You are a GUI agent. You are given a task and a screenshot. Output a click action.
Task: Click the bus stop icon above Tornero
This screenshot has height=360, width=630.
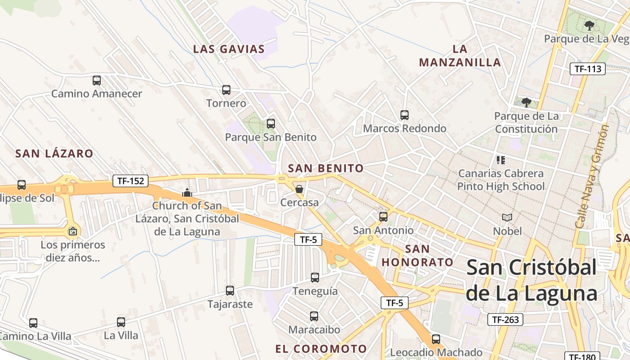click(226, 90)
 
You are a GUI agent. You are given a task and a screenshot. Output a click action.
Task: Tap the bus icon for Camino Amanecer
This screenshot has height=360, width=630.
click(97, 81)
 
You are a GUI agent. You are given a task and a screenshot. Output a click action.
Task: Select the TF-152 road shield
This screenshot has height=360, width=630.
click(130, 181)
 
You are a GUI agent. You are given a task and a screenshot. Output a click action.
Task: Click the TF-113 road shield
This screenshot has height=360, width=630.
click(588, 69)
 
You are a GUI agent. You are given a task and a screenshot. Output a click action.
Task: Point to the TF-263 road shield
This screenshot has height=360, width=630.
click(505, 319)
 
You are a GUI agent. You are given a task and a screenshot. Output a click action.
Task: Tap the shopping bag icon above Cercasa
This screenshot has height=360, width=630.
click(299, 189)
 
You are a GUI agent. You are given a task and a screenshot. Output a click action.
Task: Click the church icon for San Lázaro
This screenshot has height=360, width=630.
click(187, 193)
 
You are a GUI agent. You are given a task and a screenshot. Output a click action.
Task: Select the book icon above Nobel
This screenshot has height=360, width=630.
click(507, 218)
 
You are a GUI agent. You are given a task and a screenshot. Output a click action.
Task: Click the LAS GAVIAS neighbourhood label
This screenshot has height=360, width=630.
click(229, 49)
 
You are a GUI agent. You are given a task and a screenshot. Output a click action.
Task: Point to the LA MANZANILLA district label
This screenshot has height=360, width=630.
click(460, 55)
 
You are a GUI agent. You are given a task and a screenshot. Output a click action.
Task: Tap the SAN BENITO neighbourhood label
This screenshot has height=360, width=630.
click(326, 168)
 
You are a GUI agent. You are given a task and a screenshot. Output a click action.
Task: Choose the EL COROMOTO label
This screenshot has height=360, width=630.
click(321, 349)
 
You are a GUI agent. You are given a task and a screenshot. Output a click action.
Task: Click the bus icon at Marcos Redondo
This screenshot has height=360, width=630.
click(405, 115)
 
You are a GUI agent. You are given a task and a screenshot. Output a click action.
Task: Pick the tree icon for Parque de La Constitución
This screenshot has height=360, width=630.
click(526, 103)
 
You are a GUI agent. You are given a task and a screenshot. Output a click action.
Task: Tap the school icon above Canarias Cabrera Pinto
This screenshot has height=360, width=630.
click(501, 160)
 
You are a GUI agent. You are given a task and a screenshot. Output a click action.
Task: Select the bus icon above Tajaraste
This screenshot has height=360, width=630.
click(230, 291)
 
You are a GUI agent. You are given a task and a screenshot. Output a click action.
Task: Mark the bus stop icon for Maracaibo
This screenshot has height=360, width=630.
click(314, 316)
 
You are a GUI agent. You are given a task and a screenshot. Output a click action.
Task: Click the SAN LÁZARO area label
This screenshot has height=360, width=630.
click(54, 153)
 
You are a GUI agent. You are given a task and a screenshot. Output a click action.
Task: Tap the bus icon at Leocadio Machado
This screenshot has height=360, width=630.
click(436, 339)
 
